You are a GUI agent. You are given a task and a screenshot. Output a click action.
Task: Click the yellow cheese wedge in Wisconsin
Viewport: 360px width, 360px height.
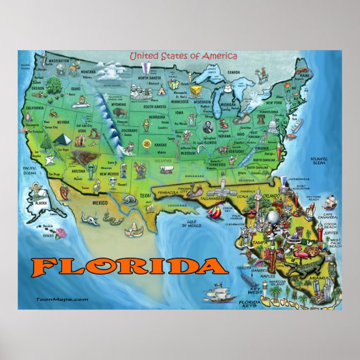(x=196, y=91)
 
